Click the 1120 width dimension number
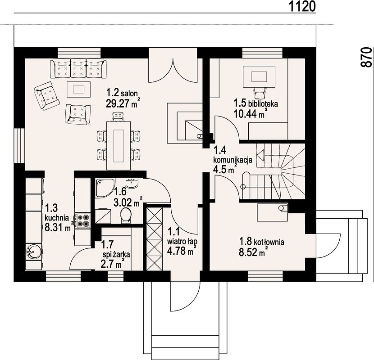point(302,6)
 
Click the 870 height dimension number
point(366,57)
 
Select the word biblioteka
point(263,104)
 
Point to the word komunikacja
point(233,159)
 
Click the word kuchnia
point(57,217)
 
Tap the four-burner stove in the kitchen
point(83,220)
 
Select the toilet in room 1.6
point(126,215)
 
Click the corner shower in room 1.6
point(105,188)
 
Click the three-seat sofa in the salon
point(78,68)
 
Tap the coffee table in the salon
point(79,90)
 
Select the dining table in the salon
point(119,145)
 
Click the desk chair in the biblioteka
point(260,93)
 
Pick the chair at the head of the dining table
point(119,117)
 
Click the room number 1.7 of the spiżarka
point(107,244)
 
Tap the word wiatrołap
point(182,242)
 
